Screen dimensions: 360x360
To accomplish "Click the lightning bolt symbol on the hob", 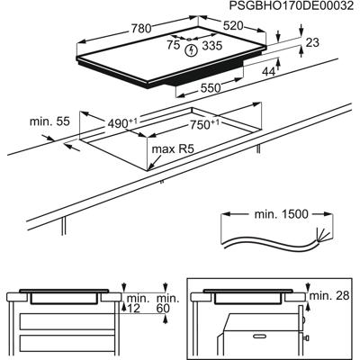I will [190, 50].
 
